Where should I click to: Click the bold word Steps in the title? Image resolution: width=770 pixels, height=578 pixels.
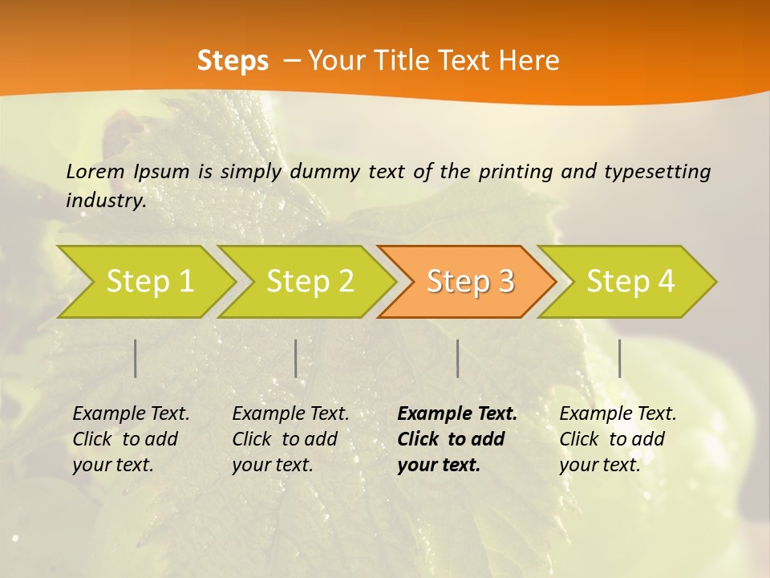[233, 61]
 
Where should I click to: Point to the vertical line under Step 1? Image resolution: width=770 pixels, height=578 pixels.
[136, 358]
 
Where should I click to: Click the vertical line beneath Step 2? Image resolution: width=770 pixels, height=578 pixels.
[296, 358]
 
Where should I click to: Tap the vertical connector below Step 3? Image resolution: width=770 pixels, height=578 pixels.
[457, 358]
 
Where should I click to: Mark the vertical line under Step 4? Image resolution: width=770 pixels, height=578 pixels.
[619, 358]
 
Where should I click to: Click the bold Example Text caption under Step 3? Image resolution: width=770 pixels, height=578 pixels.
[457, 439]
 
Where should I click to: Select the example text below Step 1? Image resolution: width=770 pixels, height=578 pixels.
[131, 439]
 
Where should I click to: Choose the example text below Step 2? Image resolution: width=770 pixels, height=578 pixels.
[290, 439]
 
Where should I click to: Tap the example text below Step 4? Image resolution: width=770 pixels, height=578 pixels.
[618, 439]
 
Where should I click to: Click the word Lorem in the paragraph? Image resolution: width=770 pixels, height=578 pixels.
[95, 171]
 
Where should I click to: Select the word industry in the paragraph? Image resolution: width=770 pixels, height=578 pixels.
[106, 200]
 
